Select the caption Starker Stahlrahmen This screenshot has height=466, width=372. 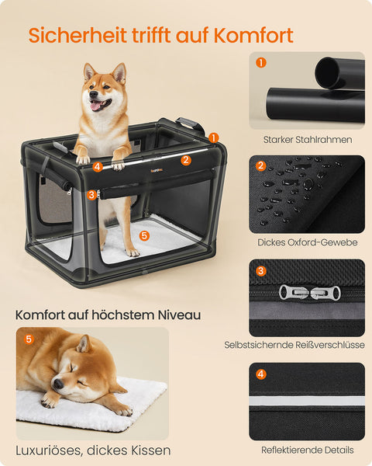click(x=307, y=140)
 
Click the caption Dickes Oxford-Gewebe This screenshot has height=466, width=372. click(x=307, y=242)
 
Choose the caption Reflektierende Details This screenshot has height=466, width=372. click(x=307, y=450)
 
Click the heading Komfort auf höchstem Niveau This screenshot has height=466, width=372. click(x=108, y=315)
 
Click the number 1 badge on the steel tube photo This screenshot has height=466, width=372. click(x=260, y=63)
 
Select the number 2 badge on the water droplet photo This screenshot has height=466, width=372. click(x=260, y=165)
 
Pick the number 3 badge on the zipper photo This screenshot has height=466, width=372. click(x=260, y=270)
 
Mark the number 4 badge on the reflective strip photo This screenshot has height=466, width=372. click(x=260, y=374)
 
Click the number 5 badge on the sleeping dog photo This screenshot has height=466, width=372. click(x=29, y=339)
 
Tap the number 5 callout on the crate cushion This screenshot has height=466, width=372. click(x=143, y=234)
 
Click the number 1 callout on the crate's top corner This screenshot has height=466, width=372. click(x=213, y=137)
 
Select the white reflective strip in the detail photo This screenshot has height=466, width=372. click(x=307, y=402)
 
